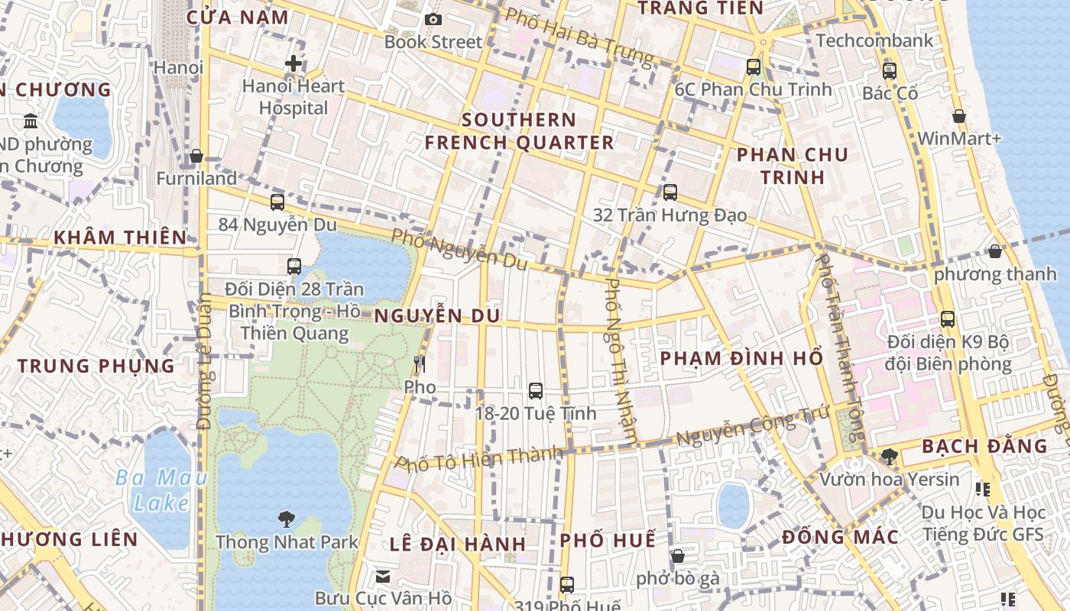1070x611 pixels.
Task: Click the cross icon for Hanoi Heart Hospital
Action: click(293, 63)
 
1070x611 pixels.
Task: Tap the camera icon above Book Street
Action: click(433, 19)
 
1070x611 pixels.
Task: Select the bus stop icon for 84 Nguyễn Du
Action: click(277, 202)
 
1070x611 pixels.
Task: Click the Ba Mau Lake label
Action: click(161, 490)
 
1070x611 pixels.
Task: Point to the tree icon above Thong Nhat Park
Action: click(287, 519)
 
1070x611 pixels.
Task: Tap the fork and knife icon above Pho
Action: click(419, 364)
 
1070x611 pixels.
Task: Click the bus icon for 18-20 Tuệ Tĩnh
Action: click(536, 391)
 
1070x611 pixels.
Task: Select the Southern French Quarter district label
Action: click(519, 131)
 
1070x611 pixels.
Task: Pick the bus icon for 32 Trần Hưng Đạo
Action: click(670, 192)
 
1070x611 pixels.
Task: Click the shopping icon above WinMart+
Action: click(959, 116)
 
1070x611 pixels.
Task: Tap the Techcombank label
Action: click(875, 40)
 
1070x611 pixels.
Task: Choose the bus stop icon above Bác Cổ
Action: click(890, 71)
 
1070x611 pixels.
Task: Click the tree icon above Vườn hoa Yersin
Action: click(889, 457)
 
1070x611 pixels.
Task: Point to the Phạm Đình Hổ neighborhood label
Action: click(741, 358)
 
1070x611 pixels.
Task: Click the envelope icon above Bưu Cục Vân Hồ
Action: click(383, 576)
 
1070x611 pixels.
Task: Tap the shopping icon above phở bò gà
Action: click(678, 556)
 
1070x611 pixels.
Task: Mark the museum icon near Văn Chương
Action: click(31, 121)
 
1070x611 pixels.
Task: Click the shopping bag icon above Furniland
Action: click(196, 156)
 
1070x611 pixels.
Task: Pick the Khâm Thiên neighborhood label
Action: click(120, 238)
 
